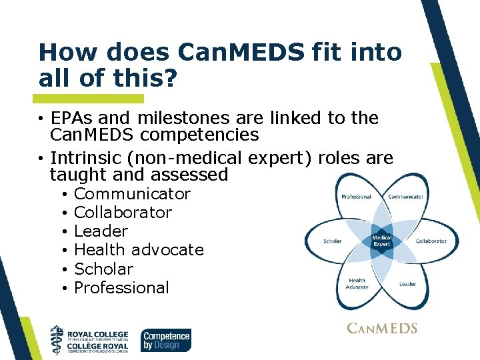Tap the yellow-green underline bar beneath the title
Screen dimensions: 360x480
tap(91, 98)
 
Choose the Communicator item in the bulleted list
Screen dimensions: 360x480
tap(132, 194)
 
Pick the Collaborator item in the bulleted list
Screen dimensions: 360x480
tap(123, 213)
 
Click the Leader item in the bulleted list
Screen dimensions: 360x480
tap(101, 231)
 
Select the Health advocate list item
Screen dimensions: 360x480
tap(139, 250)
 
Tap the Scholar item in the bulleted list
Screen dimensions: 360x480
tap(103, 269)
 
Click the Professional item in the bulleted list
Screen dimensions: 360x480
tap(121, 287)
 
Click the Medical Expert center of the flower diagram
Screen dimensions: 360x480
tap(381, 241)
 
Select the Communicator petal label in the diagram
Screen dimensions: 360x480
tap(406, 197)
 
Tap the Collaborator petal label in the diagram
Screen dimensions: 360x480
tap(431, 241)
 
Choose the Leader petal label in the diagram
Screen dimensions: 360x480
tap(407, 284)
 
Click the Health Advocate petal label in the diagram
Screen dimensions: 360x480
tap(357, 284)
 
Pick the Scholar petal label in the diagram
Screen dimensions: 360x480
tap(332, 241)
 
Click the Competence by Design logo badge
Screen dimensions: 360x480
tap(166, 340)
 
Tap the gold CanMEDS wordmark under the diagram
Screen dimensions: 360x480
tap(382, 328)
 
